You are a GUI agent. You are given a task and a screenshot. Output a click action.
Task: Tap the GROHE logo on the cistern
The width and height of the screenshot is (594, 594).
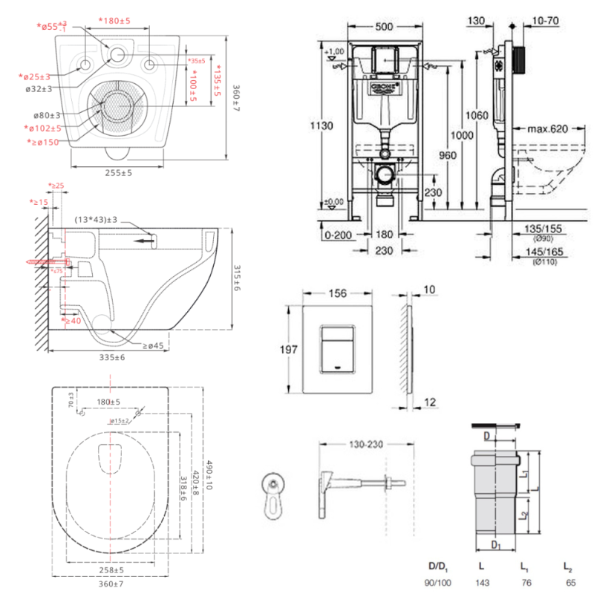pyautogui.click(x=385, y=87)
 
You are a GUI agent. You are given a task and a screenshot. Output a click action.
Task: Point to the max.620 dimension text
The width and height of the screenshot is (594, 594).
pyautogui.click(x=547, y=129)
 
